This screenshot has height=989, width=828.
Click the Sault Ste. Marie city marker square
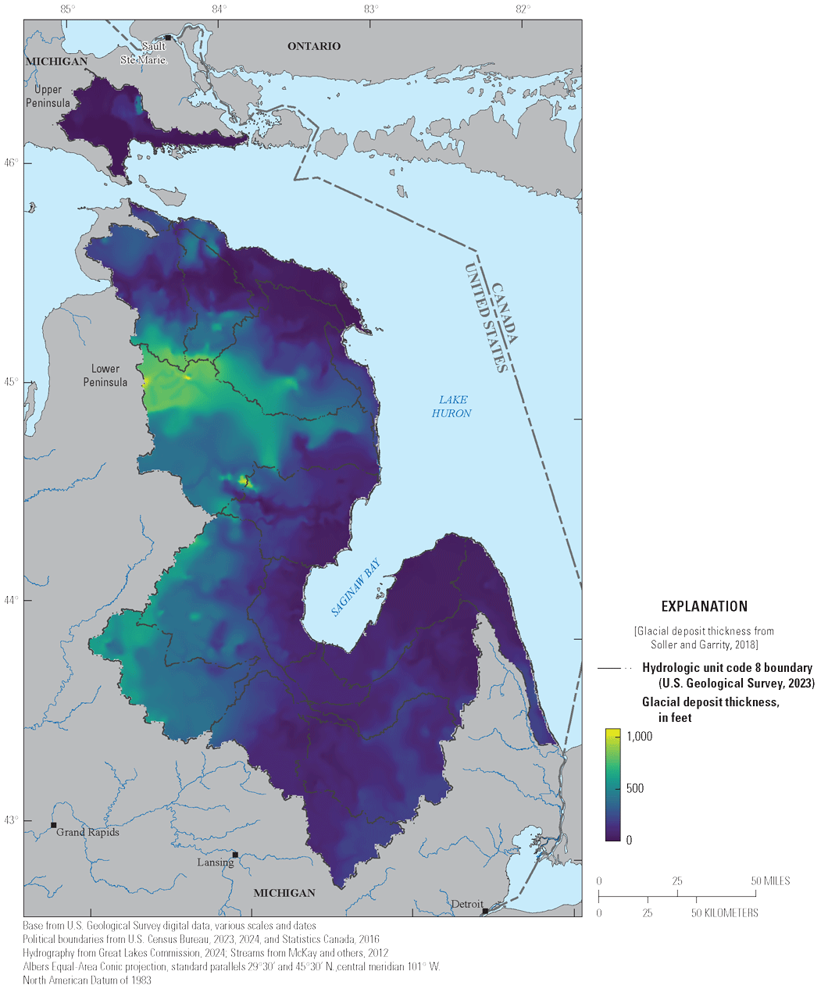(x=167, y=37)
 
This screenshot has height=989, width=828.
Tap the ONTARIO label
(x=314, y=46)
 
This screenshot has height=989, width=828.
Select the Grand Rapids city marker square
(x=53, y=825)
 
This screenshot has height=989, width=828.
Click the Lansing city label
(x=215, y=862)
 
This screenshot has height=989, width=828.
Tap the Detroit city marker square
(x=485, y=911)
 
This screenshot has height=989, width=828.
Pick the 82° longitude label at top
(x=523, y=9)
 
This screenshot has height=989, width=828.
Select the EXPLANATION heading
(x=704, y=606)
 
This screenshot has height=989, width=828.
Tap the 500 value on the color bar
(x=635, y=788)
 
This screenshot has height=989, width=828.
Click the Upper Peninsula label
(x=48, y=97)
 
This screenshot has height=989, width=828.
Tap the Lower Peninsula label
(x=105, y=375)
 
